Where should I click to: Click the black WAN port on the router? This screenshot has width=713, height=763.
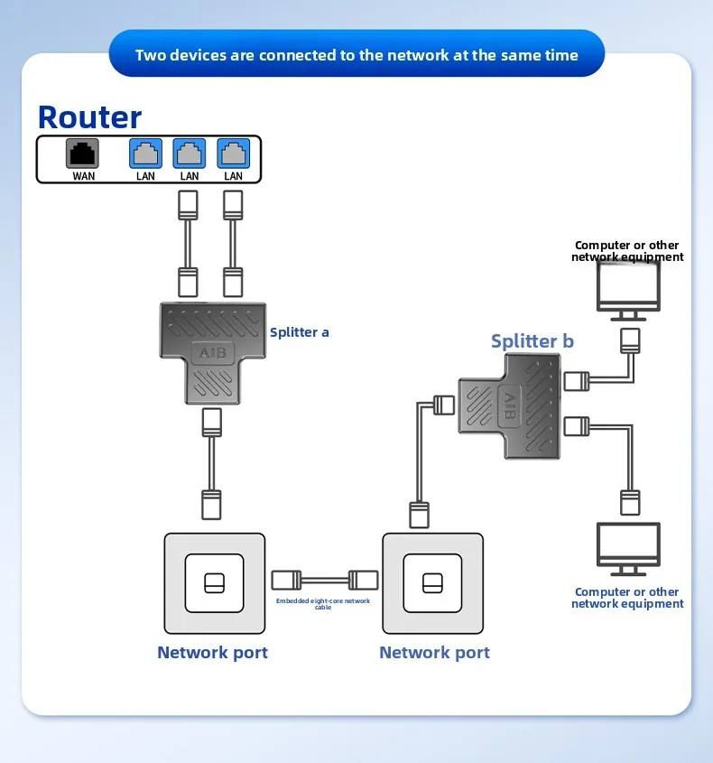click(83, 154)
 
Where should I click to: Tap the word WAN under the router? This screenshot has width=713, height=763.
click(83, 176)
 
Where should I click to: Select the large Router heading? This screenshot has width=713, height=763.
click(89, 117)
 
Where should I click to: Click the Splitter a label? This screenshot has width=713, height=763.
click(300, 332)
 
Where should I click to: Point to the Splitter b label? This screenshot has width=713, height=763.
click(532, 341)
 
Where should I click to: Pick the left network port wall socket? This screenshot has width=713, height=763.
click(215, 583)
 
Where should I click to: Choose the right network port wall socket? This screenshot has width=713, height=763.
click(432, 583)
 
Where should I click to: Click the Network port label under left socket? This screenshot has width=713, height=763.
click(212, 653)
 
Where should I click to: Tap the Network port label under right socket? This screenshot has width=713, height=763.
click(434, 653)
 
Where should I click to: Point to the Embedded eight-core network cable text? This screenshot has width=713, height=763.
click(322, 604)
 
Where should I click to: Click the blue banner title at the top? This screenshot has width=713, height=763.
click(356, 55)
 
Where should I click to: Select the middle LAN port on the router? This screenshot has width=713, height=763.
click(190, 154)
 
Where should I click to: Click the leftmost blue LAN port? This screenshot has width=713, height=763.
click(145, 154)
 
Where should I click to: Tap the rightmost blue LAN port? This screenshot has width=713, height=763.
click(233, 154)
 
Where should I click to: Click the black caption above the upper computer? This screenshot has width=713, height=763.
click(627, 251)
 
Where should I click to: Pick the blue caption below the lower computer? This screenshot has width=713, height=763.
click(627, 598)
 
